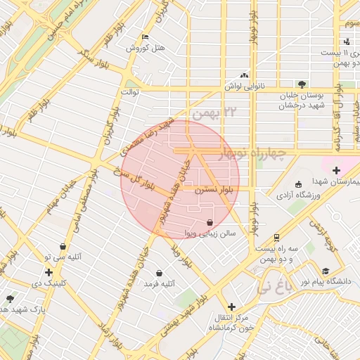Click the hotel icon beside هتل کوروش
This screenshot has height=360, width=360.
(146, 37)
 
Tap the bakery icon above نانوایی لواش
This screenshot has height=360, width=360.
(244, 75)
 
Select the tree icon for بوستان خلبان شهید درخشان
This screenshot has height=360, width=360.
(302, 83)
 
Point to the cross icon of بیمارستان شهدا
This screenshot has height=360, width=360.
(336, 169)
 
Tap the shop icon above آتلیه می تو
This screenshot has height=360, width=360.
(64, 247)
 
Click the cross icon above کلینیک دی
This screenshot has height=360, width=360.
(49, 272)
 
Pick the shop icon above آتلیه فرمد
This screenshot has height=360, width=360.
(160, 272)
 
